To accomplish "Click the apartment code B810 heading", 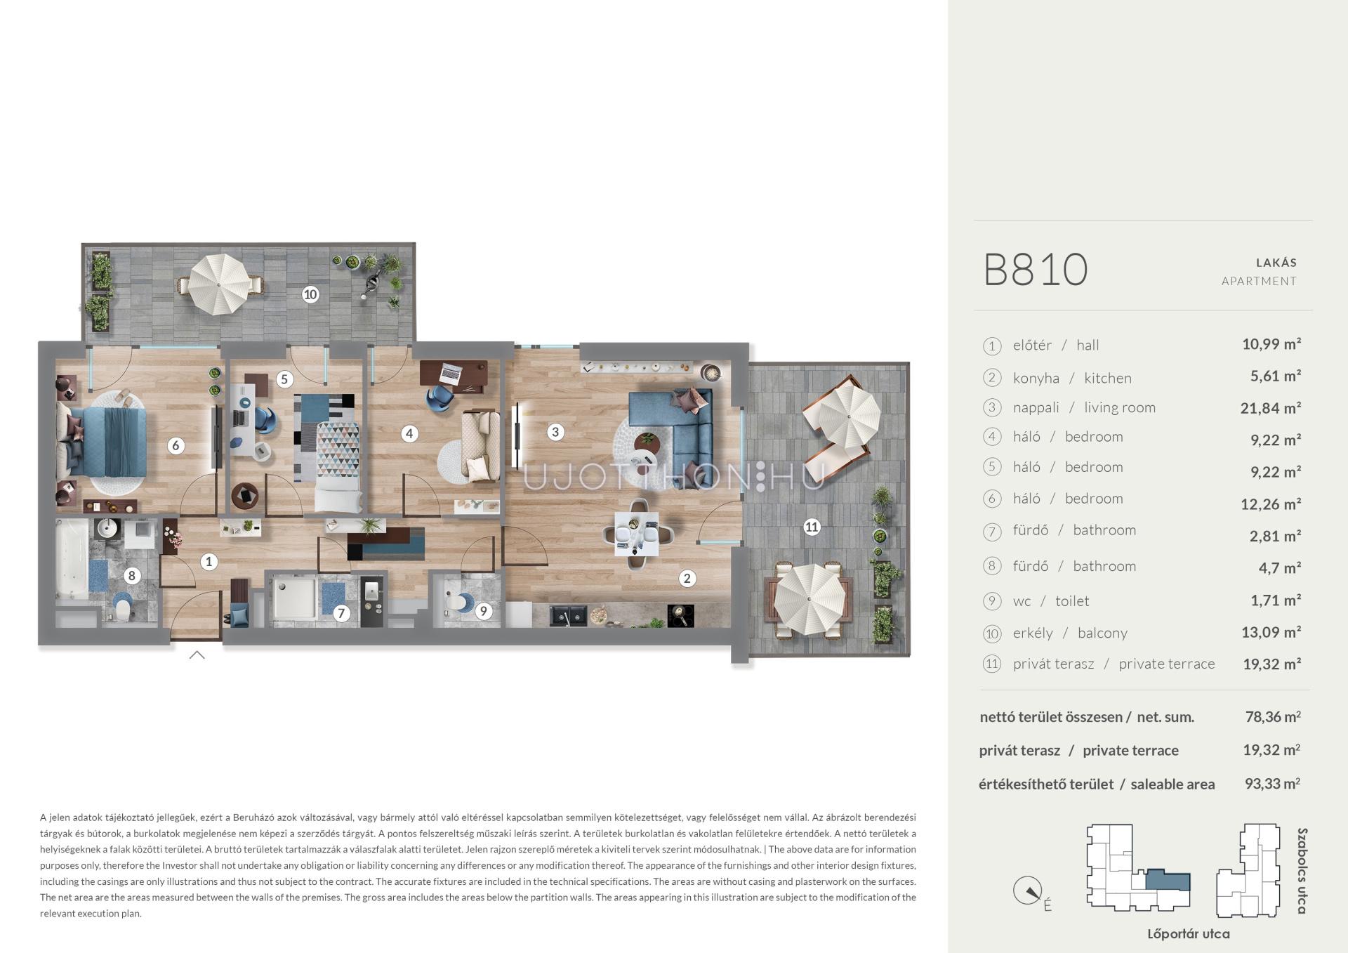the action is point(1036,270).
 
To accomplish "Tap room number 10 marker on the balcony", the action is point(310,294).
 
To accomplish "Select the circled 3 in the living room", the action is point(555,432).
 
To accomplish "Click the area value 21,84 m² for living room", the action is point(1271,407).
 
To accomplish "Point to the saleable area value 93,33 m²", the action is point(1272,783).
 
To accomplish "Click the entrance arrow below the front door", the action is point(197,655).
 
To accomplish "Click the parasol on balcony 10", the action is point(220,284).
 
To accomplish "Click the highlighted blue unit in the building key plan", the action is point(1168,881).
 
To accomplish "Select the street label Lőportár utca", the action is point(1188,933).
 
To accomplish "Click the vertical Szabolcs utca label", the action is point(1302,871).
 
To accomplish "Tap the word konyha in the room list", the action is point(1036,378).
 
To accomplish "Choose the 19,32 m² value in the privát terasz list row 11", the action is point(1271,664).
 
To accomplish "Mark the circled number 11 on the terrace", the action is point(812,527).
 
